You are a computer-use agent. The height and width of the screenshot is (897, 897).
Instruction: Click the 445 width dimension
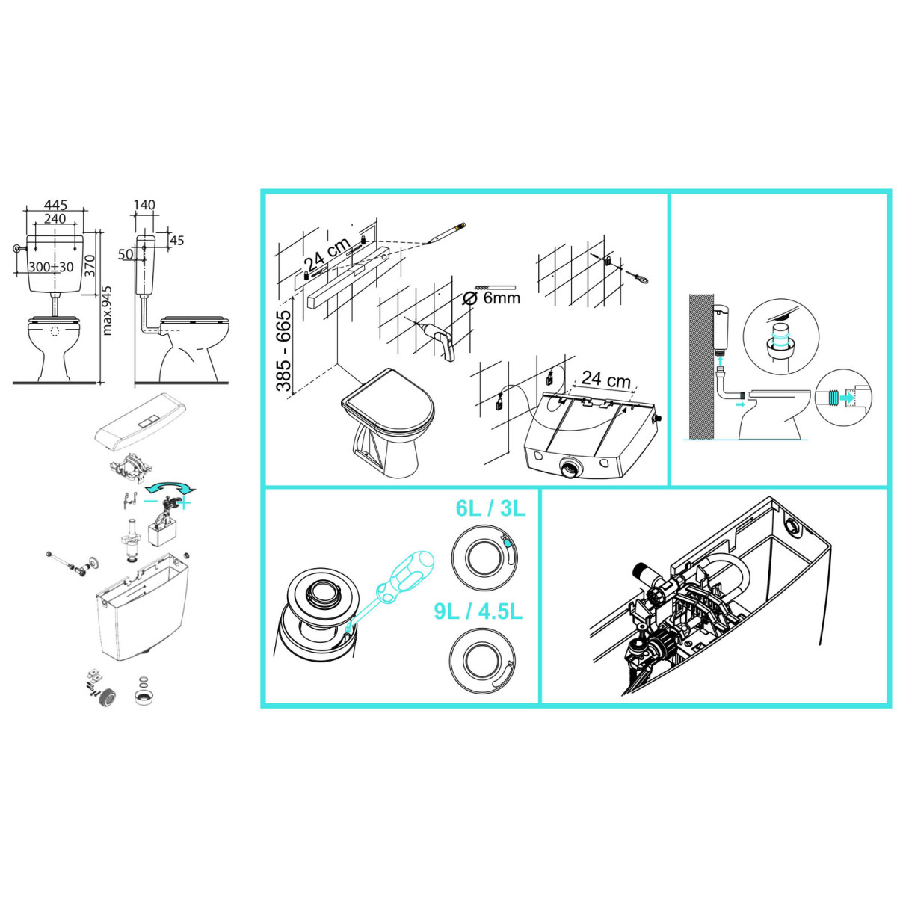coord(55,205)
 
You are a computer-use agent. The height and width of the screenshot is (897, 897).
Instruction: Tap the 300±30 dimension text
coord(52,267)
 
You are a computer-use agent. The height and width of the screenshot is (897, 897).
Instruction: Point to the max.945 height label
coord(107,310)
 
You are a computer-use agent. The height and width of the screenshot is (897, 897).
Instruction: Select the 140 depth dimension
coord(144,205)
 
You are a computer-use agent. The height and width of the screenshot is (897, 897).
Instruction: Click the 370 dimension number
coord(90,266)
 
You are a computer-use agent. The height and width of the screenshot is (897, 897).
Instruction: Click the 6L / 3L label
coord(490,509)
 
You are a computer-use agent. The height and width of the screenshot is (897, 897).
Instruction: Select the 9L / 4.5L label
coord(478,611)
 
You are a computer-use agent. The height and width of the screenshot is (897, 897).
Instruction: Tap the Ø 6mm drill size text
coord(491,298)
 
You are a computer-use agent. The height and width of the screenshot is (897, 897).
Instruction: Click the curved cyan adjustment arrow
coord(170,487)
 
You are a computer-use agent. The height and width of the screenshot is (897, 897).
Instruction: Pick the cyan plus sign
coord(185,503)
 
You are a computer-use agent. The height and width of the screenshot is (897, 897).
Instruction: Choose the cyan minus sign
coord(150,501)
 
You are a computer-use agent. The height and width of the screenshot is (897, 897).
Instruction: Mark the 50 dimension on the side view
coord(126,254)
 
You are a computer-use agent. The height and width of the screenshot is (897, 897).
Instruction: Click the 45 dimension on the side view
coord(177,241)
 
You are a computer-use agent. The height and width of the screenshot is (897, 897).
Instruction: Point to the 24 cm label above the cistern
coord(606,380)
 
